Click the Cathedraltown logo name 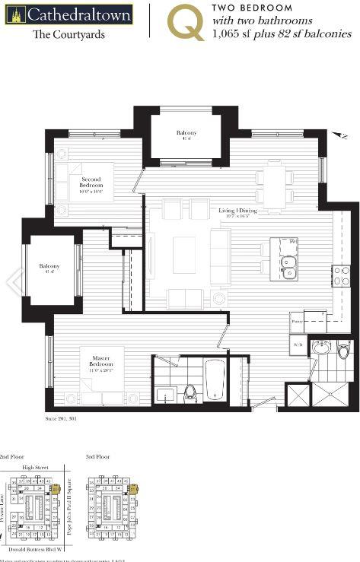coord(78,14)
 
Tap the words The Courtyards coord(68,35)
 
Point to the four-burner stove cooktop coord(340,275)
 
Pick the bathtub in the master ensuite coord(215,379)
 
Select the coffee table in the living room coord(184,255)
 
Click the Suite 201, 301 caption coord(61,419)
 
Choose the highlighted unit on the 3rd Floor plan coord(134,491)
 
